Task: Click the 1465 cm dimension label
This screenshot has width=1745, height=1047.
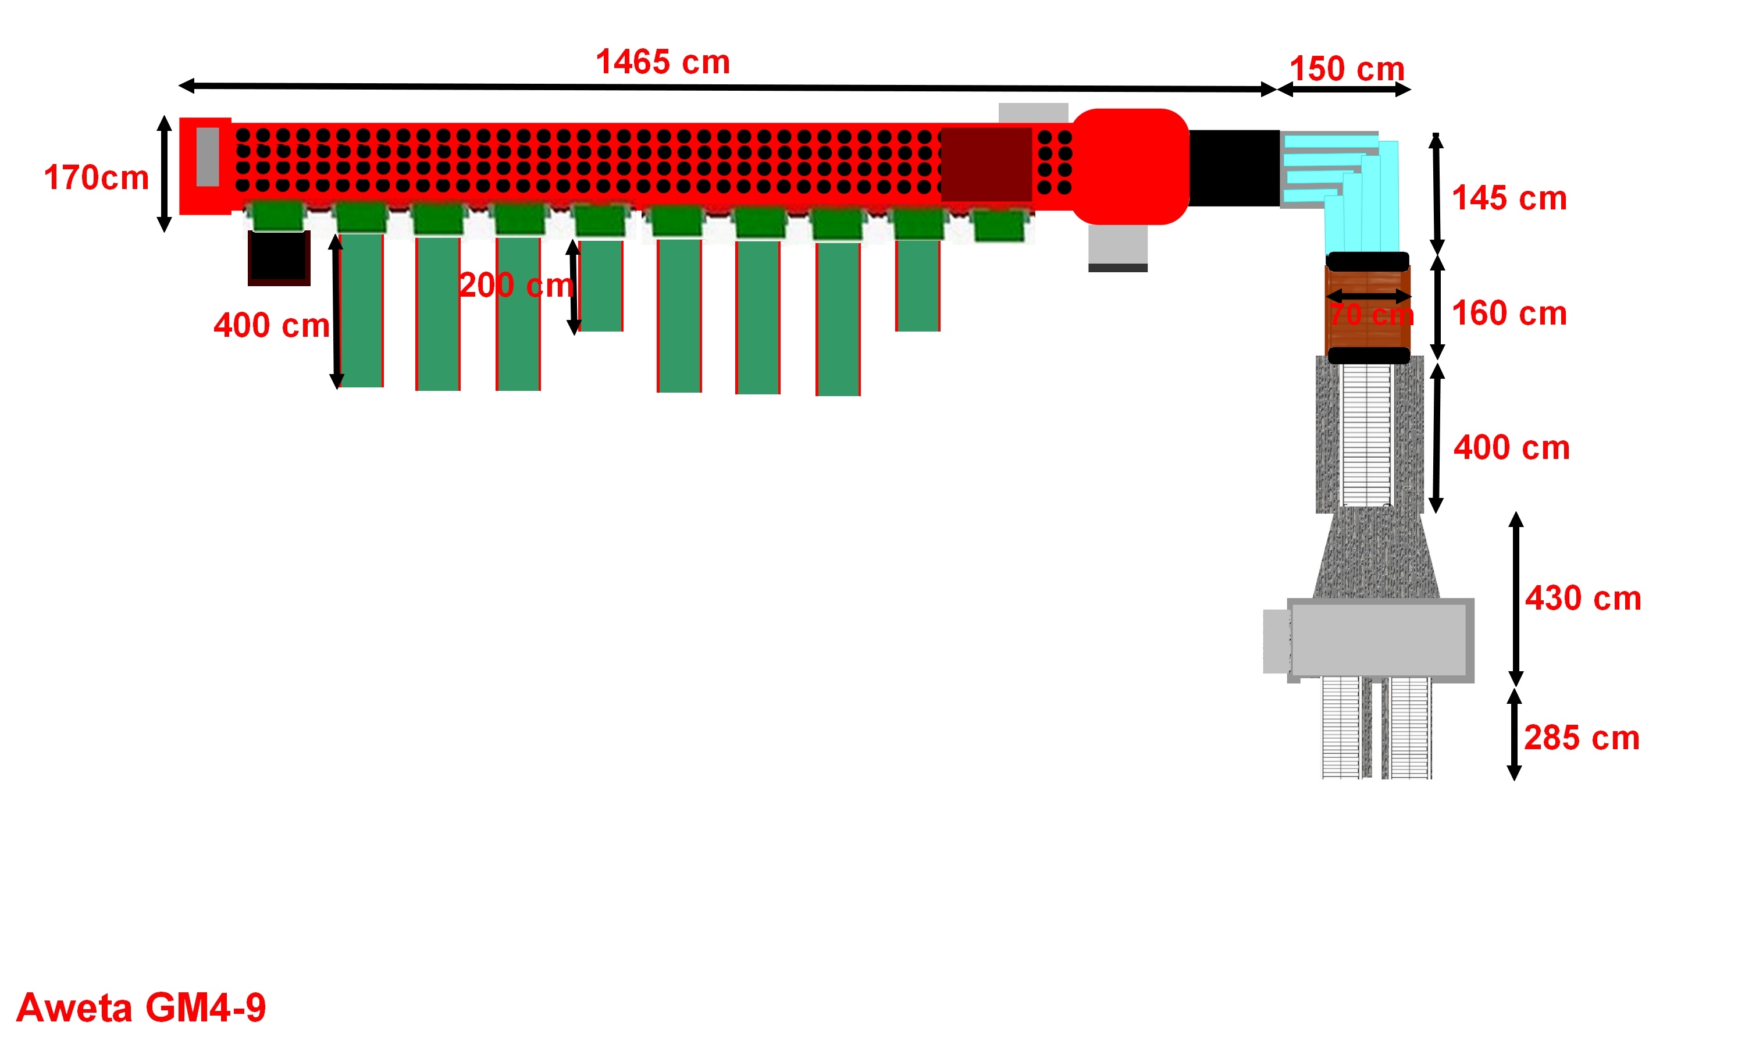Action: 663,62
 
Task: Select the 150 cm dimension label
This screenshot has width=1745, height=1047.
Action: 1347,69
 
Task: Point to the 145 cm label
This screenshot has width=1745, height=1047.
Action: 1509,198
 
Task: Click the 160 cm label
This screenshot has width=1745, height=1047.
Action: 1509,314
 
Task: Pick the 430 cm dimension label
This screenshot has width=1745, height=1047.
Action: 1583,599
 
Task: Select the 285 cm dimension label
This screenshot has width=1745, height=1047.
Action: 1582,738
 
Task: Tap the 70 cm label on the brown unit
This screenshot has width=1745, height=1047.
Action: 1371,315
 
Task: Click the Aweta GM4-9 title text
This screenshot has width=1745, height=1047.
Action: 141,1007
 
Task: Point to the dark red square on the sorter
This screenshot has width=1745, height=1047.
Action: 986,163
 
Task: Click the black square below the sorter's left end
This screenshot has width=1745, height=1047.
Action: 279,258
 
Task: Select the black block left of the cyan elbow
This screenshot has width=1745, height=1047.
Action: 1234,168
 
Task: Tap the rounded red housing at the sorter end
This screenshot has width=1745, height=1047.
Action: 1130,166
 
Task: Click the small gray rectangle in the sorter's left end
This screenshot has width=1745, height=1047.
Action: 208,156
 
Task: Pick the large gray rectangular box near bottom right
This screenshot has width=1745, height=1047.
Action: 1380,640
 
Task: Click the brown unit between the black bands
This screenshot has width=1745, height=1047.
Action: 1367,308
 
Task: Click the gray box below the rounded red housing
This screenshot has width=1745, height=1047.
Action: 1117,248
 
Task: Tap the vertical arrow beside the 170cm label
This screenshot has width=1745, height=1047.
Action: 165,173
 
